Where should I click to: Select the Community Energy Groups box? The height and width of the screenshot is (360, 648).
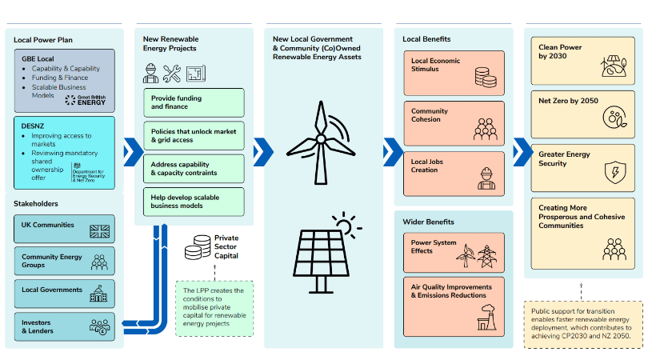[64, 261]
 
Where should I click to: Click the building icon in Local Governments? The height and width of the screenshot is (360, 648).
[100, 294]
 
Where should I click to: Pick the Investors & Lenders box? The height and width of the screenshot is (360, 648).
[64, 326]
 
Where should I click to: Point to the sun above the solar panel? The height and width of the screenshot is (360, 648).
[345, 223]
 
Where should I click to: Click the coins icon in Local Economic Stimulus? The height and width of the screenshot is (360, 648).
[485, 77]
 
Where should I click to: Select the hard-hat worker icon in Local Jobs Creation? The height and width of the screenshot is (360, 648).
[485, 177]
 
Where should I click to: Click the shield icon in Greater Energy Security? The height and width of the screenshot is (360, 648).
[614, 170]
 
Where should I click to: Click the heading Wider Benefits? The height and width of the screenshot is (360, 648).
[429, 222]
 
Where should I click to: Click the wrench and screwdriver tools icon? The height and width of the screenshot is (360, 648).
[172, 74]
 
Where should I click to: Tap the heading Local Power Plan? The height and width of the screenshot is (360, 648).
[42, 39]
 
